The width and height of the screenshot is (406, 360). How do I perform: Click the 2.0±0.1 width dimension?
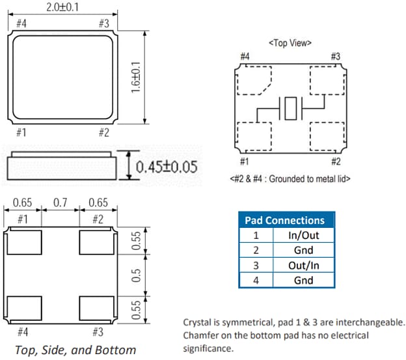click(61, 7)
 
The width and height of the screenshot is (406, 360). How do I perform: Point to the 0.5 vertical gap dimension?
click(137, 275)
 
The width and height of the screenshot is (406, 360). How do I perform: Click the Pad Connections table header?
click(284, 220)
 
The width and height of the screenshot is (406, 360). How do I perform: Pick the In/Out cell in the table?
click(303, 235)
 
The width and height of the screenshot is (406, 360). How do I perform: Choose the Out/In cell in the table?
click(303, 265)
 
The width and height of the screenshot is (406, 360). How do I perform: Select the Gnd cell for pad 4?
click(303, 280)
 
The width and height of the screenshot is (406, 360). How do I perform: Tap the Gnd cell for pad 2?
click(303, 250)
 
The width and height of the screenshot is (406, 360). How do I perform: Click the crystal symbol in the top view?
click(290, 108)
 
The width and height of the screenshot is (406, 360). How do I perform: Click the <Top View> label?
click(290, 43)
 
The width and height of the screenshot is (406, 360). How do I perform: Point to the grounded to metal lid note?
click(290, 178)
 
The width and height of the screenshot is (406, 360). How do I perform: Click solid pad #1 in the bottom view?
click(25, 243)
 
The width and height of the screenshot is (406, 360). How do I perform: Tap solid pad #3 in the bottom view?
click(96, 305)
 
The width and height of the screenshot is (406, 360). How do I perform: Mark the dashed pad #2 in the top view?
click(327, 136)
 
